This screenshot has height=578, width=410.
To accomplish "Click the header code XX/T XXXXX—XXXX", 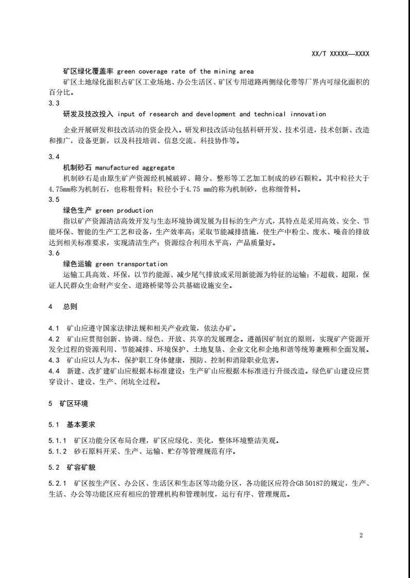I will click(341, 54).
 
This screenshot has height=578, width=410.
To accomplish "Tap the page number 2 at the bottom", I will click(361, 535).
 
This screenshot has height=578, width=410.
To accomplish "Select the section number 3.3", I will click(54, 104).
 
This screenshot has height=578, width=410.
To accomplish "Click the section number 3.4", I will click(54, 157).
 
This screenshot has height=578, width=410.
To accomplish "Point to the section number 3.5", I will click(54, 199).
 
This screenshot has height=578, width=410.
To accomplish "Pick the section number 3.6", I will click(54, 253).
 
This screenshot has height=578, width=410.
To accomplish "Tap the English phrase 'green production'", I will click(124, 210).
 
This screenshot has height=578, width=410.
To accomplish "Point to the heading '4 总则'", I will click(62, 307).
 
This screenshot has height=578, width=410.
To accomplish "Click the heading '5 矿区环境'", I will click(66, 403).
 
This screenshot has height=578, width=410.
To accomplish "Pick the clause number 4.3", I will click(54, 360).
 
